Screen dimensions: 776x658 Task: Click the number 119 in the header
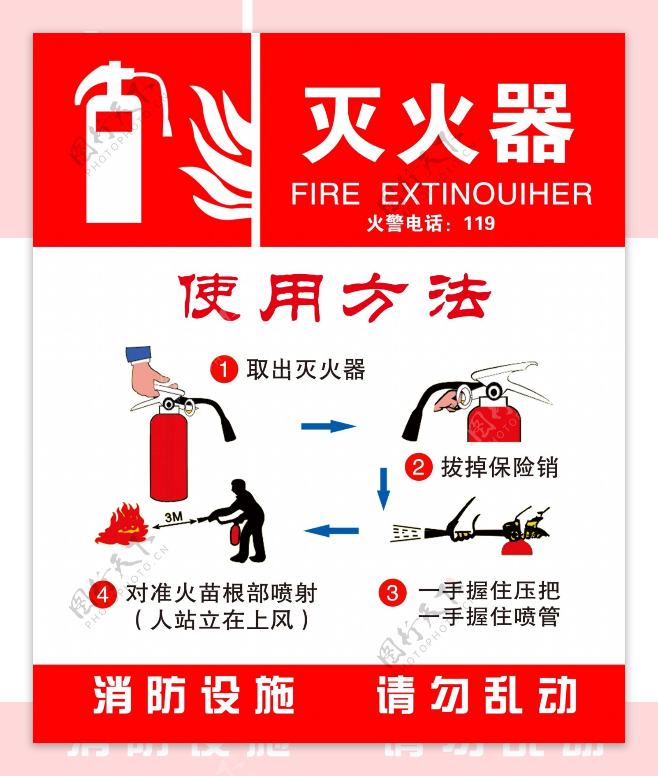479,223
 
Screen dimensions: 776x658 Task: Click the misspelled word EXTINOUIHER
487,194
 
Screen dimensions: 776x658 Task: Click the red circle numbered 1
224,369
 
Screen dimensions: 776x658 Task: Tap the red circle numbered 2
418,467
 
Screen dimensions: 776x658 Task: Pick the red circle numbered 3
392,593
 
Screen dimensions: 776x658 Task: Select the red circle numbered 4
103,594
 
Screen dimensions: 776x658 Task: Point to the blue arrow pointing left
331,530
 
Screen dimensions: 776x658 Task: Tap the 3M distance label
174,517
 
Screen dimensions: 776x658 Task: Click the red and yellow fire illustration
122,524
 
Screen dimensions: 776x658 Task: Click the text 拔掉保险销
499,468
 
